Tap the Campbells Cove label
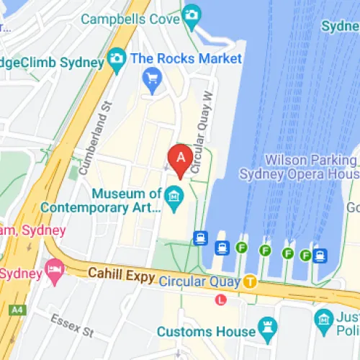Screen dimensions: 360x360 pyautogui.click(x=130, y=19)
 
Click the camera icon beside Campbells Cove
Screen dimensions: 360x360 pyautogui.click(x=191, y=14)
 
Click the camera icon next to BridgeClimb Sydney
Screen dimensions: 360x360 pyautogui.click(x=116, y=57)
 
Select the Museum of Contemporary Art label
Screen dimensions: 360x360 pyautogui.click(x=101, y=200)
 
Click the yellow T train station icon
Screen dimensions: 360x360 pyautogui.click(x=250, y=282)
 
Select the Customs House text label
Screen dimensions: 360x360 pyautogui.click(x=207, y=331)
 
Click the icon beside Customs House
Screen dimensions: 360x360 pyautogui.click(x=267, y=325)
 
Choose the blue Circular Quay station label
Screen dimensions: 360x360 pyautogui.click(x=199, y=282)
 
